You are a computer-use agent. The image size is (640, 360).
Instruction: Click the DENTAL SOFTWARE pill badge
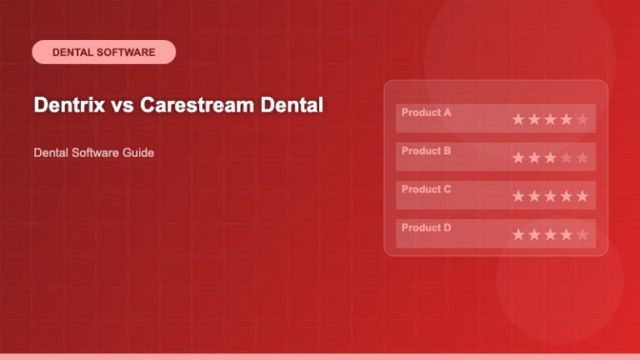click(x=103, y=52)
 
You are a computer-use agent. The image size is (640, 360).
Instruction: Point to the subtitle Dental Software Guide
click(x=93, y=153)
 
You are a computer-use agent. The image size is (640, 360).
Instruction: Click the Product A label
click(x=426, y=112)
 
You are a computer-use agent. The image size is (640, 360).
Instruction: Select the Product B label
click(x=426, y=151)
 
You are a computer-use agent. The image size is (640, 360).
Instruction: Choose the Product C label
click(x=426, y=189)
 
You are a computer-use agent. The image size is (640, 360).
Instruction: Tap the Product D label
click(x=426, y=227)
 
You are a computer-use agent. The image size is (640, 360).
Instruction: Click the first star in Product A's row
click(x=518, y=119)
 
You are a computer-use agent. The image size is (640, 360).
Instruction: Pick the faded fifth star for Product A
click(x=582, y=119)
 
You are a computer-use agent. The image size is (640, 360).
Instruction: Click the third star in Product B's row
click(x=550, y=157)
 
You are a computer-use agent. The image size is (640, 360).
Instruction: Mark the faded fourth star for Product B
click(x=566, y=157)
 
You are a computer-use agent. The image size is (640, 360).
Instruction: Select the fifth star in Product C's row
click(x=582, y=196)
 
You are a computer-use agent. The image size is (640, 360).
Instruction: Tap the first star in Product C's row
click(x=518, y=196)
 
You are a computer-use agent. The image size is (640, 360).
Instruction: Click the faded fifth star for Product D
click(x=582, y=234)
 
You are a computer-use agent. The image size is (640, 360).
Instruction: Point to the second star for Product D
click(x=534, y=234)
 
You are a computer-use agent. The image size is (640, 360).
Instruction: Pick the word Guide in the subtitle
click(x=138, y=153)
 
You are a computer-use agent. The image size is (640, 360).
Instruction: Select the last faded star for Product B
click(x=582, y=157)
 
